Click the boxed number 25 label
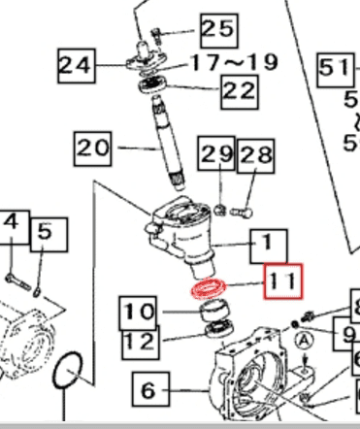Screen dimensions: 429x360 216,29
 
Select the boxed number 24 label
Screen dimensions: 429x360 78,66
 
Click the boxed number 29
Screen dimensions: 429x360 215,153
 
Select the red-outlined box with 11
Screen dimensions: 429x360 281,281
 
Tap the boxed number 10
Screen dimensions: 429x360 139,313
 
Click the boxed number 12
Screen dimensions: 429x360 139,341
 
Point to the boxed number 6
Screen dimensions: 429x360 147,391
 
